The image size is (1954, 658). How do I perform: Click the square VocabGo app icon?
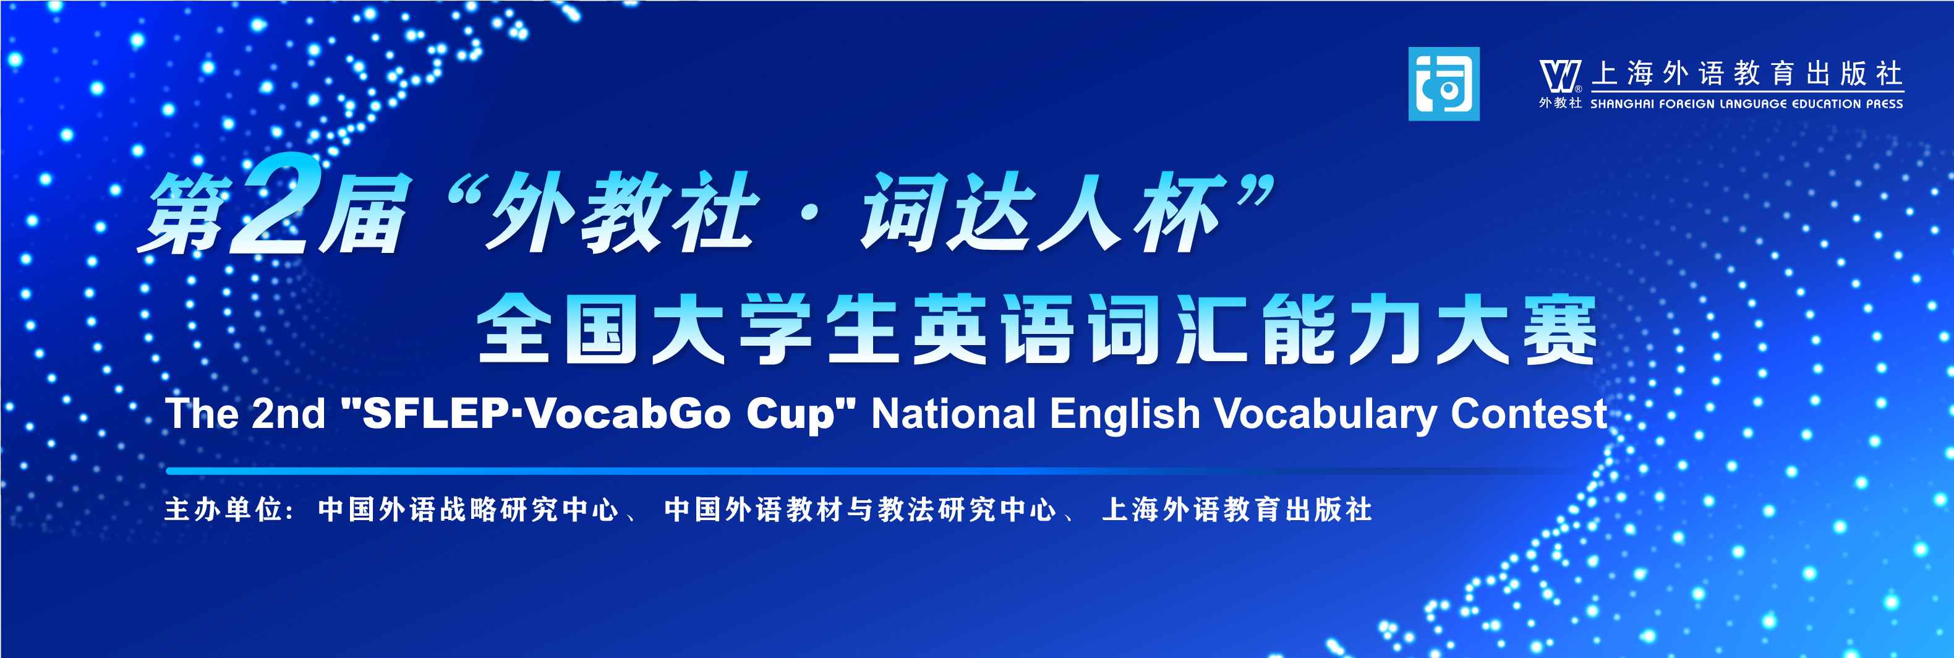coord(1443,83)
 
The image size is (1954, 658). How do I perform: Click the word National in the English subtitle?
coord(954,414)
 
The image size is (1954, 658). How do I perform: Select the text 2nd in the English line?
coord(288,414)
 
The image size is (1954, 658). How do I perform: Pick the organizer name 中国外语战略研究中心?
coord(468,509)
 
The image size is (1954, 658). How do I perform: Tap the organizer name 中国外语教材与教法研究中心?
coord(860,509)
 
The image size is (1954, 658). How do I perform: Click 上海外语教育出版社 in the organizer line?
coord(1237,509)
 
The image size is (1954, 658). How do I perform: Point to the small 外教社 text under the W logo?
coord(1560,103)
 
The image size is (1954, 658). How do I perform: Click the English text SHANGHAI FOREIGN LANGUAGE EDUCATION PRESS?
coord(1746,104)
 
